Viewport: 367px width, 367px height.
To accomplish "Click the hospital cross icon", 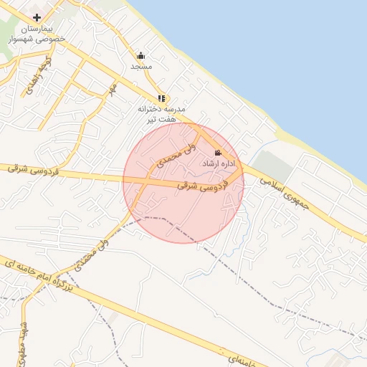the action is pos(37,16).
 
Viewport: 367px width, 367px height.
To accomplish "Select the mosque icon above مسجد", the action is pos(140,55).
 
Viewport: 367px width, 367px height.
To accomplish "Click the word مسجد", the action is pos(140,66).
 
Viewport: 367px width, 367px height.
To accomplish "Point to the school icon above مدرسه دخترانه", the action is pos(161,98).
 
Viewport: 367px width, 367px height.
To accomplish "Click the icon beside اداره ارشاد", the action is pos(218,153).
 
